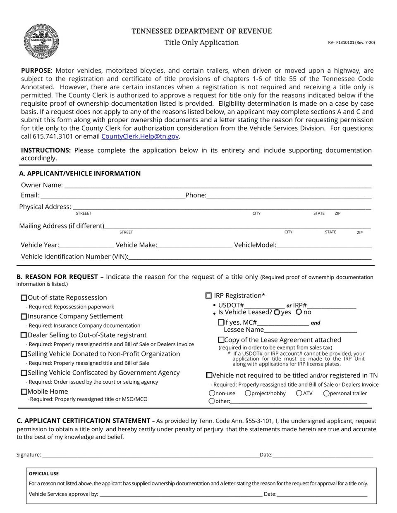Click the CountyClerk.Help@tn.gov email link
tap(140, 136)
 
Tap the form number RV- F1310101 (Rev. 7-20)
tap(351, 43)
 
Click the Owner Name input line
tap(217, 185)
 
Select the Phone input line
tap(288, 195)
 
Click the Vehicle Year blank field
tap(86, 245)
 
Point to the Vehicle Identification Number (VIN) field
tap(249, 257)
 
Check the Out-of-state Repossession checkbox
tap(24, 298)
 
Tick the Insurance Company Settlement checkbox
tap(24, 316)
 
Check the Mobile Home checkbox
tap(24, 392)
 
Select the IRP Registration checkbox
tap(208, 296)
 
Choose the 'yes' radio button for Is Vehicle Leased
tap(277, 312)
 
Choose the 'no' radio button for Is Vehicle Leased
tap(299, 312)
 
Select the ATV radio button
tap(299, 393)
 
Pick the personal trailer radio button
tap(326, 393)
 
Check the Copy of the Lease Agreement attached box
tap(221, 340)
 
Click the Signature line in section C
tap(151, 455)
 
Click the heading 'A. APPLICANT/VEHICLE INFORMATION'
tap(80, 173)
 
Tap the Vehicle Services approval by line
tap(180, 494)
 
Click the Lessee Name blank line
tap(310, 330)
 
